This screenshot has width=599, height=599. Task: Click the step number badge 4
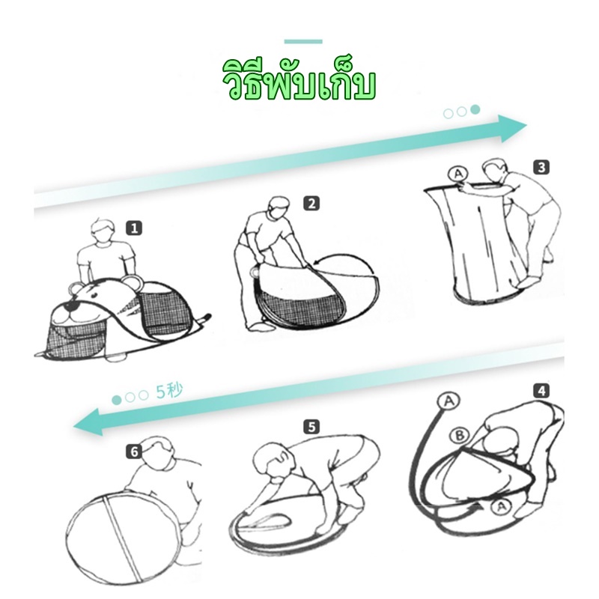click(541, 390)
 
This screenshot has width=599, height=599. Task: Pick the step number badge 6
click(134, 451)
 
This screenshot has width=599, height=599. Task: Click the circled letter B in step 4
click(458, 434)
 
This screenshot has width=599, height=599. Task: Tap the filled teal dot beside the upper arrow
click(475, 111)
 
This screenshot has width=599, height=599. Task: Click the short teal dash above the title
click(303, 41)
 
